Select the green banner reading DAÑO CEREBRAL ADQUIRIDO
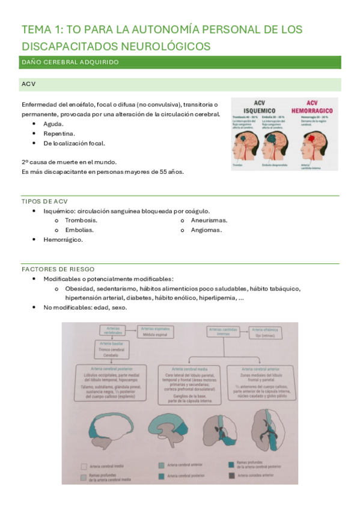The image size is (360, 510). coord(181,62)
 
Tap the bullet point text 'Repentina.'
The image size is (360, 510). coord(59,133)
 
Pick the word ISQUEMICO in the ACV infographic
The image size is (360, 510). coord(260,111)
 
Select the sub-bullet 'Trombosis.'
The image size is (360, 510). coord(81,220)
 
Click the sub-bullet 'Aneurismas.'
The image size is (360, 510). coord(209,220)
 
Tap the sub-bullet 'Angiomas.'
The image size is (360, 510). coord(206,230)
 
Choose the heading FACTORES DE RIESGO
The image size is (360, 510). coord(58,269)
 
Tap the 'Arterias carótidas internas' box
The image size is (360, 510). coord(222,331)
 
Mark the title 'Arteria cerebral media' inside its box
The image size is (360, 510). coord(190,368)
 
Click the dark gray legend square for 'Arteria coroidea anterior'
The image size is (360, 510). coord(232,475)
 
